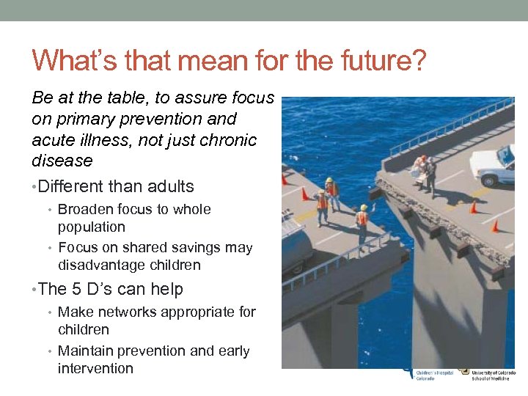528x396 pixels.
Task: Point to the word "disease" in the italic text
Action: coord(62,161)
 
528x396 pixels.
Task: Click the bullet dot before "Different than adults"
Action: coord(34,187)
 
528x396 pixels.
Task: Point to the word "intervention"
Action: coord(95,369)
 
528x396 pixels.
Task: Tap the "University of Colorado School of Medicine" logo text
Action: coord(488,374)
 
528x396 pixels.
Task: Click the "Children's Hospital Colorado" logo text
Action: coord(433,374)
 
